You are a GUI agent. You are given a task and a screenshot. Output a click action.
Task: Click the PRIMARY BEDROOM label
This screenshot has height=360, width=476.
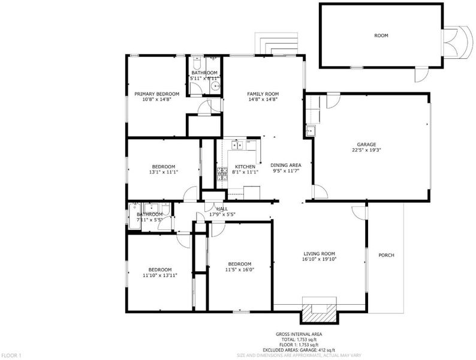click(x=156, y=94)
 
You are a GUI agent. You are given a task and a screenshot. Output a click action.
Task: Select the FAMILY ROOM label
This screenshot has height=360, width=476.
click(x=263, y=94)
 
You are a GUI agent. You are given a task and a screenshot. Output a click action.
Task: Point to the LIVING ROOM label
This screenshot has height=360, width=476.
click(x=320, y=254)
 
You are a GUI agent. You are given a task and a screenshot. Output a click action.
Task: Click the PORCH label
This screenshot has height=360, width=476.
click(x=387, y=255)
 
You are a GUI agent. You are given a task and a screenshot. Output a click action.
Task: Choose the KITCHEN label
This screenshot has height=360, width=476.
click(x=245, y=167)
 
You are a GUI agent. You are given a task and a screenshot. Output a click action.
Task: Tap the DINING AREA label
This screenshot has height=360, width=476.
click(x=286, y=165)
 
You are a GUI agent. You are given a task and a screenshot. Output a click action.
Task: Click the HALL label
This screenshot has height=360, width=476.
click(x=222, y=209)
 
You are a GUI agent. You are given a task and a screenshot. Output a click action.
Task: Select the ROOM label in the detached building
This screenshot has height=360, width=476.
click(x=381, y=35)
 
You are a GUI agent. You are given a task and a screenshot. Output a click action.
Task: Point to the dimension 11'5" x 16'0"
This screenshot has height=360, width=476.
click(x=240, y=269)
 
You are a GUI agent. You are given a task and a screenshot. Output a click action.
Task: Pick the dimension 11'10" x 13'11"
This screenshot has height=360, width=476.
click(x=159, y=275)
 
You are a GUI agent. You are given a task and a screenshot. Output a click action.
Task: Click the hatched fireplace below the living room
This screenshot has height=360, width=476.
click(x=319, y=313)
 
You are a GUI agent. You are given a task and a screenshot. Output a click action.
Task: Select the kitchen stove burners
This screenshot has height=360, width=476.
click(x=222, y=174)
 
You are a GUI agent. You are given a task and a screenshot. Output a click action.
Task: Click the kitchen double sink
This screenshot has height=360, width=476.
click(x=237, y=145)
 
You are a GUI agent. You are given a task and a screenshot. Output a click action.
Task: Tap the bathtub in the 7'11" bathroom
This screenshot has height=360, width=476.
click(x=134, y=217)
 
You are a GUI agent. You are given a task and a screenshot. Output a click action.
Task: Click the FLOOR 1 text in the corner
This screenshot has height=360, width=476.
click(x=11, y=355)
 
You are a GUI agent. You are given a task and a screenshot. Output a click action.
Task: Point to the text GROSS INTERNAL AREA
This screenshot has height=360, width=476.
click(x=299, y=334)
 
